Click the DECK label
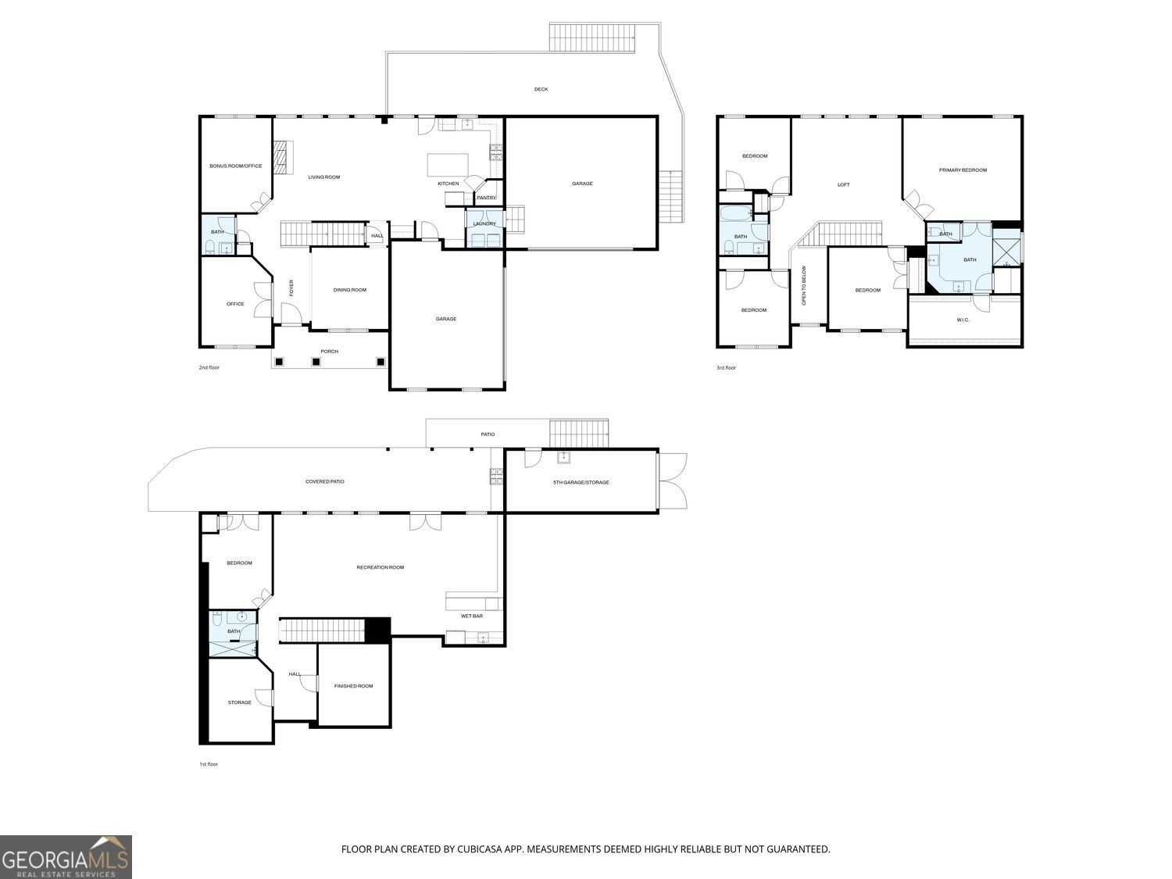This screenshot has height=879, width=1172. point(541,89)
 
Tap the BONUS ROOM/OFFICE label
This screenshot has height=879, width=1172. point(235,166)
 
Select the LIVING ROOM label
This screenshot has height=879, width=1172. point(324,177)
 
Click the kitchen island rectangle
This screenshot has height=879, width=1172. point(448,164)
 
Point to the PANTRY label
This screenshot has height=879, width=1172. point(487,198)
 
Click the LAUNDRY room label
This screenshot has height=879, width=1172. point(484,223)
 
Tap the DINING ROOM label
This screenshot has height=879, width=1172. point(350,290)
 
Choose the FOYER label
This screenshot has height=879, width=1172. point(291,288)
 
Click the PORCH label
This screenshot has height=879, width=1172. point(330,351)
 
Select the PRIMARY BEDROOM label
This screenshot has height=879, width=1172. point(963,170)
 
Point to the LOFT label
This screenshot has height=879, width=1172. point(844,184)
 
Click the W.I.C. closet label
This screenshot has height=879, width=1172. point(963,320)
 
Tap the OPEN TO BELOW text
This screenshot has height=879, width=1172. point(804,285)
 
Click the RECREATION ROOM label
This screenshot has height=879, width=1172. point(381,567)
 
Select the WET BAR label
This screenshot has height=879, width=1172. point(471,616)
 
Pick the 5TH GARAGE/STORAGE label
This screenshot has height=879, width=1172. point(581,482)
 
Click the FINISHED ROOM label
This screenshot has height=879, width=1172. point(353,686)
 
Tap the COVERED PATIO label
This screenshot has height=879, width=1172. point(324,481)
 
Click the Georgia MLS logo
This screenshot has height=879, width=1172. point(66,856)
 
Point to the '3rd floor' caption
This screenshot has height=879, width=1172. point(726,368)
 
